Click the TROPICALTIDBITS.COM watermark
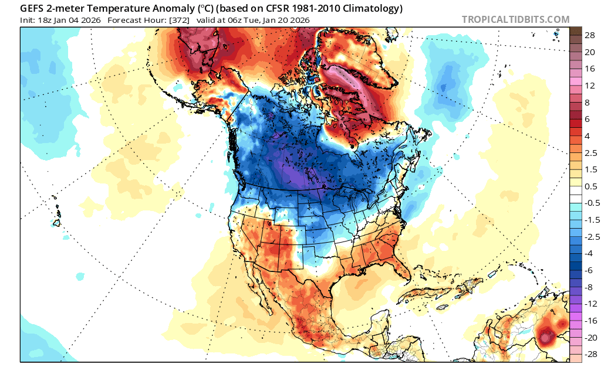click(x=515, y=19)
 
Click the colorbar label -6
click(x=588, y=270)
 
